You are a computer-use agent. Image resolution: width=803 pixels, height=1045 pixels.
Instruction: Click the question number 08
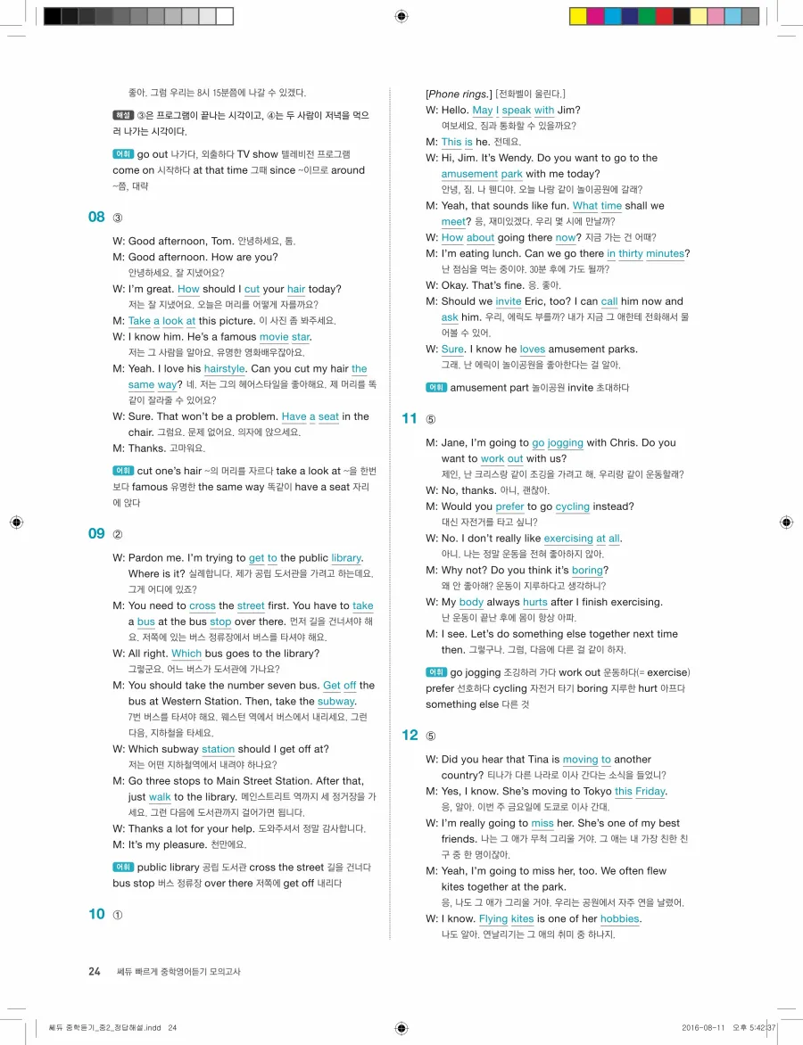(x=96, y=217)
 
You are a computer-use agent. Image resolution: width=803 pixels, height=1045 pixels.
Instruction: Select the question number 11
(x=410, y=418)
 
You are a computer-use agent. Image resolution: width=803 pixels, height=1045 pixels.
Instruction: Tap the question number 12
(x=410, y=735)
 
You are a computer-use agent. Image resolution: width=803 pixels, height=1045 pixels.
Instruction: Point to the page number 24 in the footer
(x=95, y=971)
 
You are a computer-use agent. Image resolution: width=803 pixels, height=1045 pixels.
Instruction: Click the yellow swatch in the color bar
(x=577, y=16)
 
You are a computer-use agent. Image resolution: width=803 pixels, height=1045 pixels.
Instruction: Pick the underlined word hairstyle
(x=224, y=368)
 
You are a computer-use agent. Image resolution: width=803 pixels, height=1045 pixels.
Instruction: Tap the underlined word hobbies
(x=619, y=918)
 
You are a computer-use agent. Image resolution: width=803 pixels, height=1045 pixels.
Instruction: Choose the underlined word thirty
(x=630, y=253)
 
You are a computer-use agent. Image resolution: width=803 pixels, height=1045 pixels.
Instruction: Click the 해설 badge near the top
(x=123, y=116)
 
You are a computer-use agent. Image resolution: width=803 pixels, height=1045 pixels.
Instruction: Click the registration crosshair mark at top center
(x=401, y=16)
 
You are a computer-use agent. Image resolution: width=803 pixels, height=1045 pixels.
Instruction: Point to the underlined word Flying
(x=493, y=918)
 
